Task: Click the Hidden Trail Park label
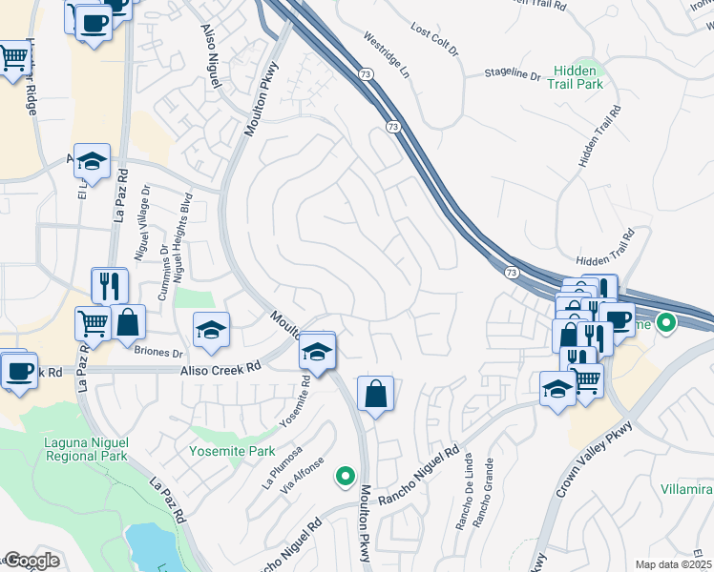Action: tap(577, 77)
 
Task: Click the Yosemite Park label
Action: tap(231, 451)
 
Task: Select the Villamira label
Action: tap(685, 489)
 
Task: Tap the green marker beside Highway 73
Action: tap(666, 324)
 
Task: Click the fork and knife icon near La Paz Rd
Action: tap(110, 284)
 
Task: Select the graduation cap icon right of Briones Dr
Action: tap(212, 330)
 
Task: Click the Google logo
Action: tap(31, 561)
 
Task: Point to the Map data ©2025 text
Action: tap(673, 564)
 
